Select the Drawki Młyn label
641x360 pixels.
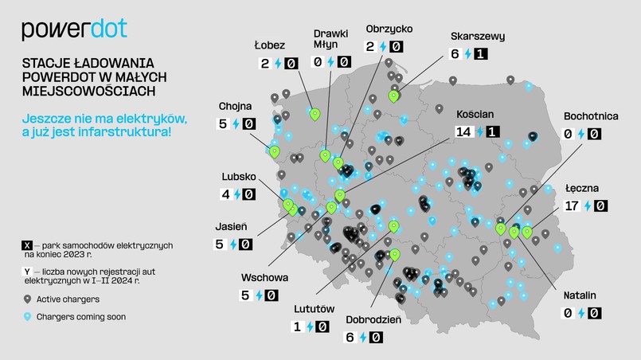coord(330,39)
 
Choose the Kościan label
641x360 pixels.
coord(477,113)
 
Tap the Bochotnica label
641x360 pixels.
coord(591,115)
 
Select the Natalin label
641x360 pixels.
coord(579,295)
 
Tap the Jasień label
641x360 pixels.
coord(232,225)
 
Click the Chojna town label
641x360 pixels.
coord(236,106)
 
